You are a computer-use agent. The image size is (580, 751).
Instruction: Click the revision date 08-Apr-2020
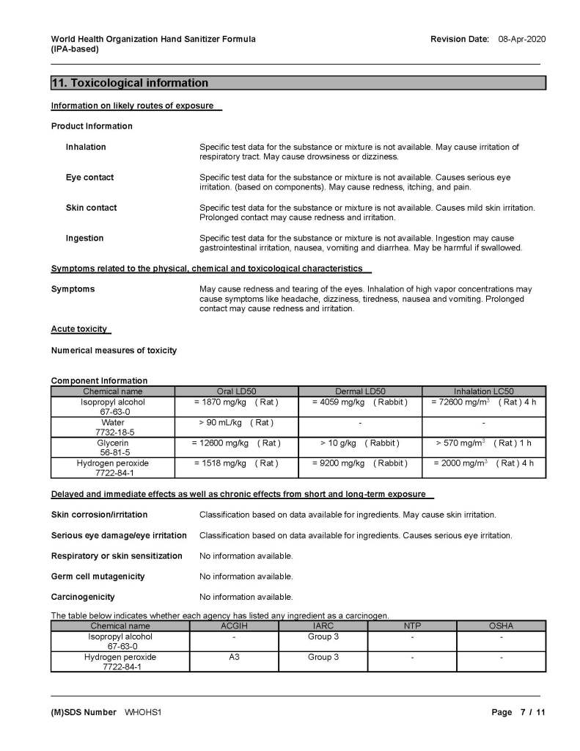pyautogui.click(x=521, y=39)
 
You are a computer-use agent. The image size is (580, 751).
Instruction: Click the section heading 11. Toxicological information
pyautogui.click(x=130, y=83)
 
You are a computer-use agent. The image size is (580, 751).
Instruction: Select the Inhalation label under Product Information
pyautogui.click(x=86, y=147)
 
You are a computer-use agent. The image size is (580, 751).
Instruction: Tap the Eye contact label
pyautogui.click(x=89, y=178)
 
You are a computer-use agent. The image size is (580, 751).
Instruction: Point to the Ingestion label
pyautogui.click(x=84, y=238)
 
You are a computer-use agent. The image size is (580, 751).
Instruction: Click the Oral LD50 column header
pyautogui.click(x=236, y=391)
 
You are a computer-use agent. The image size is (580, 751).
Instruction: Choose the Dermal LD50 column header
pyautogui.click(x=359, y=391)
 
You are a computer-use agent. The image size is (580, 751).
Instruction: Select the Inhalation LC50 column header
pyautogui.click(x=483, y=391)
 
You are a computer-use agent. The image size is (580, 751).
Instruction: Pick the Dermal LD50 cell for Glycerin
pyautogui.click(x=359, y=443)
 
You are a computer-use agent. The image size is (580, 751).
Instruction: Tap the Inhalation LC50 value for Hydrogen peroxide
pyautogui.click(x=483, y=464)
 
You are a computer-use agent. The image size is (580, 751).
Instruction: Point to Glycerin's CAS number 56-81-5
pyautogui.click(x=113, y=453)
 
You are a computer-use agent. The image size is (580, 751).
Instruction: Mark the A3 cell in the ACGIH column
pyautogui.click(x=235, y=657)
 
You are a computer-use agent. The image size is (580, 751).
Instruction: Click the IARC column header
pyautogui.click(x=323, y=626)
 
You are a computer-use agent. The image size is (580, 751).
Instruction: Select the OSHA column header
pyautogui.click(x=501, y=626)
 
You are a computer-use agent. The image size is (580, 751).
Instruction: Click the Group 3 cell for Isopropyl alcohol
pyautogui.click(x=323, y=636)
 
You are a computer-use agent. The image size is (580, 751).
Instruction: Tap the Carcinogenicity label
pyautogui.click(x=83, y=597)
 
